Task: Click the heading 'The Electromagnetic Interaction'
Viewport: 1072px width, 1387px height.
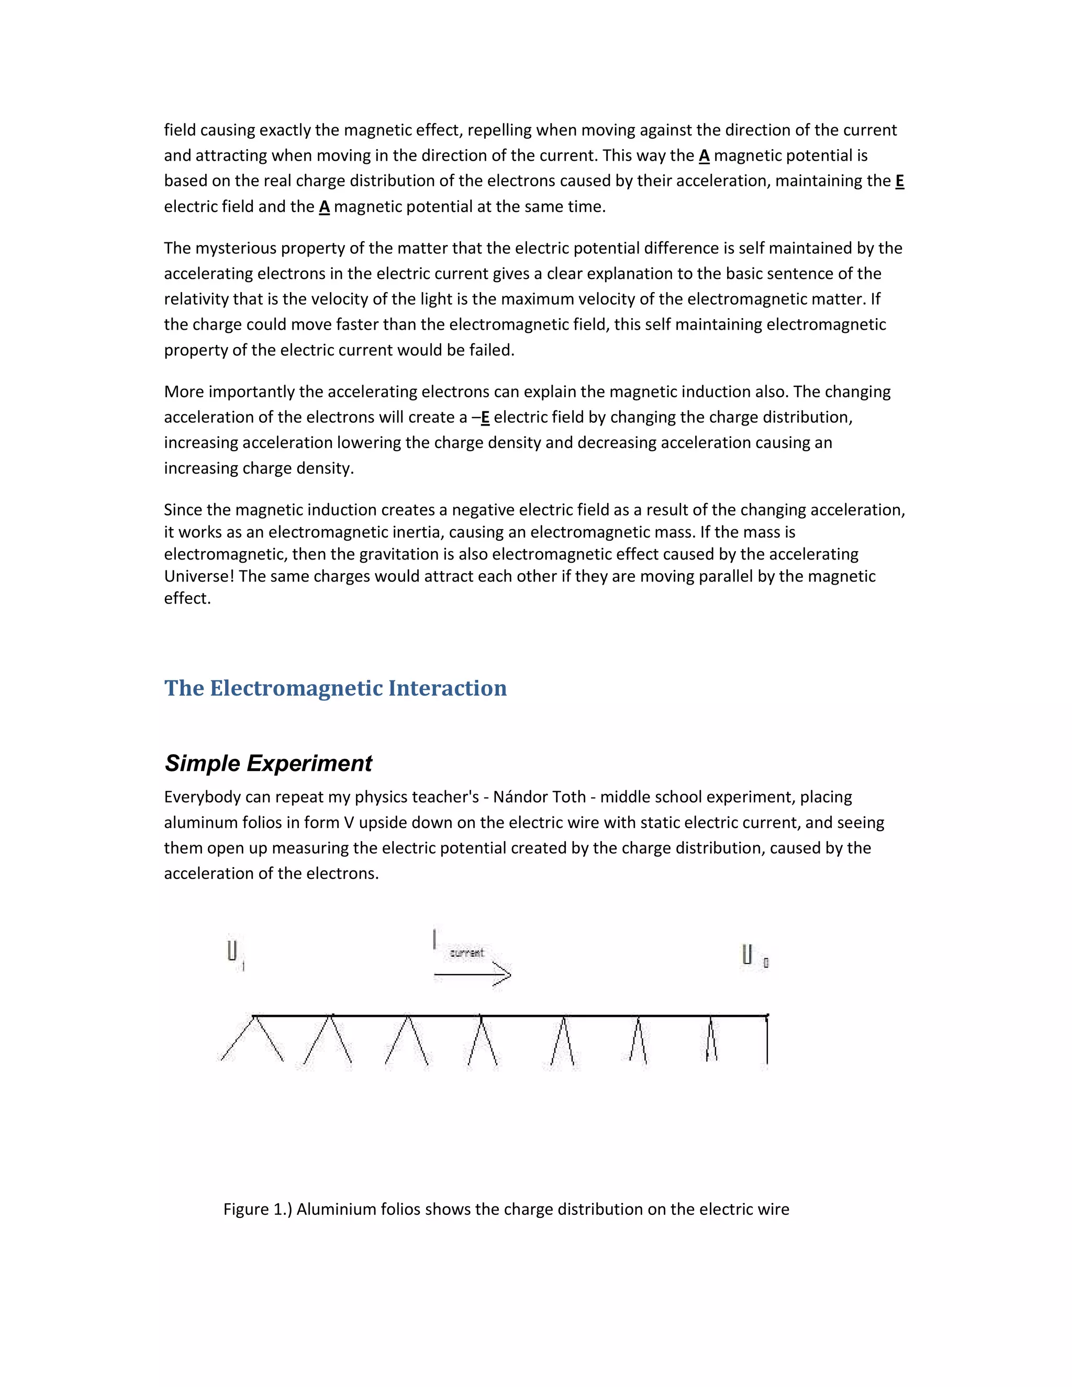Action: point(336,688)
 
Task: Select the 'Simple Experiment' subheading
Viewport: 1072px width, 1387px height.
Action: point(268,763)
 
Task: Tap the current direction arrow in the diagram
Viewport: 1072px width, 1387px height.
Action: point(473,974)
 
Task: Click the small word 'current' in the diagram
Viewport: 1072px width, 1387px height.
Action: point(467,953)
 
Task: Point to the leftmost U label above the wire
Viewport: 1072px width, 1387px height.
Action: point(232,952)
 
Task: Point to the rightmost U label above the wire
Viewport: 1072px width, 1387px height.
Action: point(747,955)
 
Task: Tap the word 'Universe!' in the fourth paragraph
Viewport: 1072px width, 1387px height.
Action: point(199,576)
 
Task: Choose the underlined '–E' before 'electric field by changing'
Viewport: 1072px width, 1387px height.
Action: point(482,417)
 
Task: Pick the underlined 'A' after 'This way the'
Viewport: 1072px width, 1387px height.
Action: point(703,155)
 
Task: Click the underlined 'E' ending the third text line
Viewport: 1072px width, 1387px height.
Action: point(899,181)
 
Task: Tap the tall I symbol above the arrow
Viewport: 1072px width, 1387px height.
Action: point(434,938)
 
